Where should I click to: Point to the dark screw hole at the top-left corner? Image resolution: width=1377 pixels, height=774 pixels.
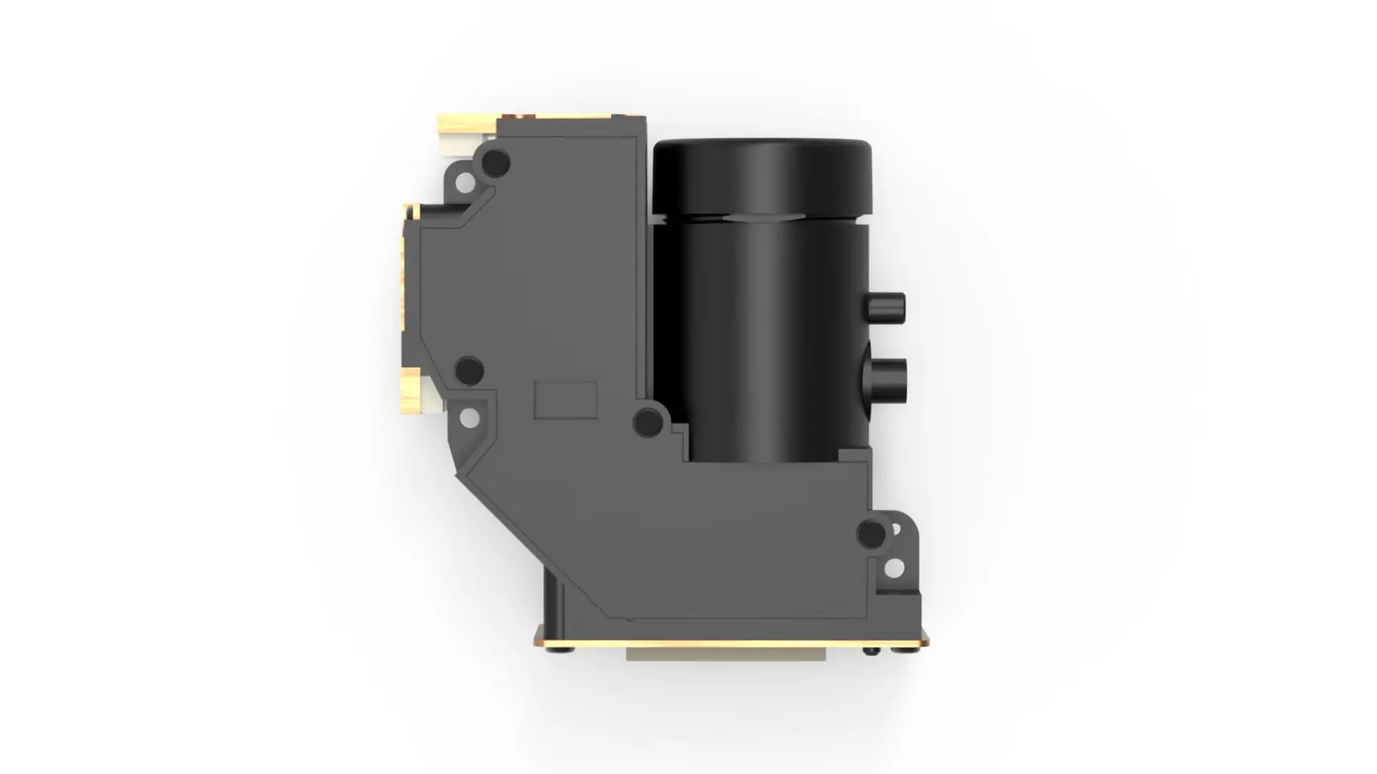[x=495, y=163]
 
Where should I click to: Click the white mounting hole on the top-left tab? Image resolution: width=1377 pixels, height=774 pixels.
[x=465, y=182]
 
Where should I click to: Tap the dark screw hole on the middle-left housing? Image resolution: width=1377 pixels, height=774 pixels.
[x=470, y=371]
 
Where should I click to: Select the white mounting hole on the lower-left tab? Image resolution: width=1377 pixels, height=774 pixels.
[x=469, y=418]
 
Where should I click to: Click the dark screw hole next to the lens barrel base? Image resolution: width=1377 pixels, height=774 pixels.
[x=648, y=422]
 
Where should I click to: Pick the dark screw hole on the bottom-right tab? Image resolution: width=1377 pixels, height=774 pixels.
[x=871, y=534]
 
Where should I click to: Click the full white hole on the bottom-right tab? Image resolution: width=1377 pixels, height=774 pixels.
[x=894, y=568]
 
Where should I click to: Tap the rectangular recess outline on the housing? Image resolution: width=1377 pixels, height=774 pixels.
[x=566, y=400]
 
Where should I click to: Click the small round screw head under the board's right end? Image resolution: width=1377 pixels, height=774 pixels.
[x=871, y=651]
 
